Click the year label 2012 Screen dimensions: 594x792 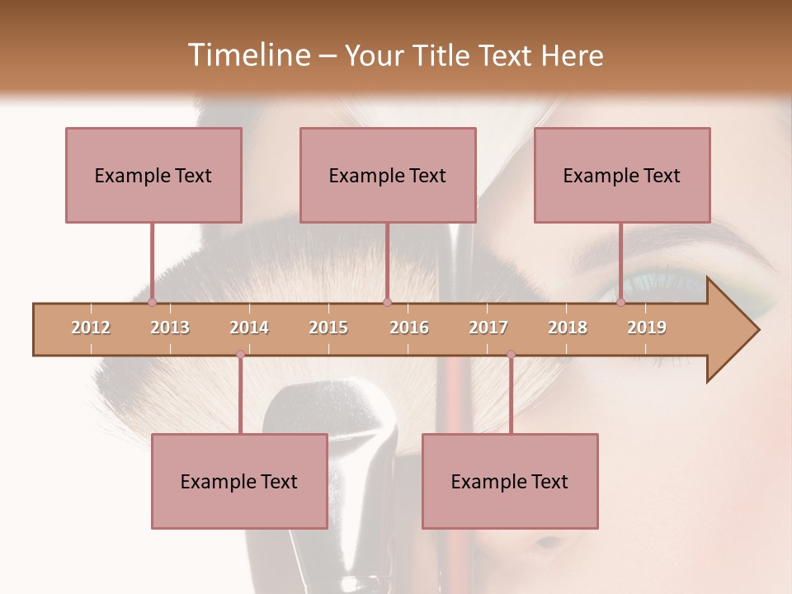pos(91,328)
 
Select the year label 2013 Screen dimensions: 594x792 pos(170,328)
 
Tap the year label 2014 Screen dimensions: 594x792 pos(249,328)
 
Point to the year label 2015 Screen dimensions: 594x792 pos(328,328)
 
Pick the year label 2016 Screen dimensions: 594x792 pos(409,328)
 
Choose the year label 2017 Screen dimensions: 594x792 pos(488,328)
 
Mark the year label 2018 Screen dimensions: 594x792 pos(568,328)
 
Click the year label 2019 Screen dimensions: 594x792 pos(647,328)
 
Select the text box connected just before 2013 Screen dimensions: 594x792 pos(153,175)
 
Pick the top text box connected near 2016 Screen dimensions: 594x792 pos(388,175)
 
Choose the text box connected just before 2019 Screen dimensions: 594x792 pos(622,175)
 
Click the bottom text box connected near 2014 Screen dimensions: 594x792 pos(239,481)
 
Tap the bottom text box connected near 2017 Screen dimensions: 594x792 pos(510,481)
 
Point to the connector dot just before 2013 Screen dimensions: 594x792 pos(152,303)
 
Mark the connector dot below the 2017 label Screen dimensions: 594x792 pos(511,355)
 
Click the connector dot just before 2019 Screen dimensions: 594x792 pos(620,303)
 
